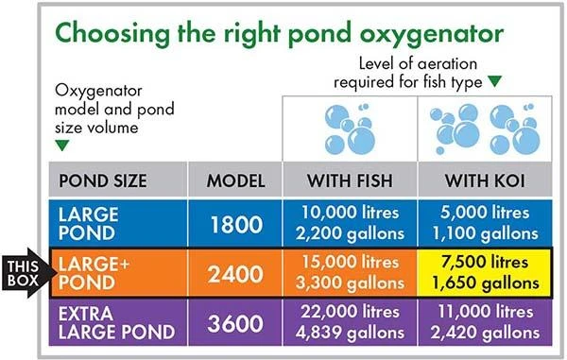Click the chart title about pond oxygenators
280,35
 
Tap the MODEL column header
235,180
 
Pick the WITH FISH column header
351,180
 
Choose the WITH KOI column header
483,180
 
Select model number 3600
235,322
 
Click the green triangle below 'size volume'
62,146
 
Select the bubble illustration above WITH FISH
351,128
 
